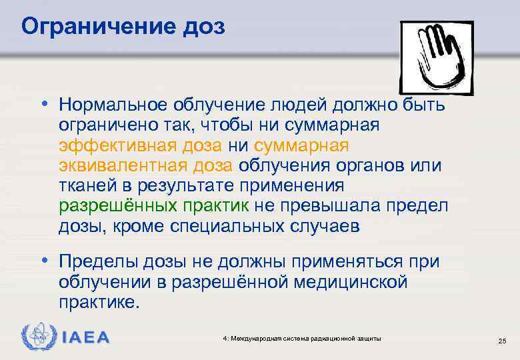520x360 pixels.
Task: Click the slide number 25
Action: (x=502, y=341)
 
